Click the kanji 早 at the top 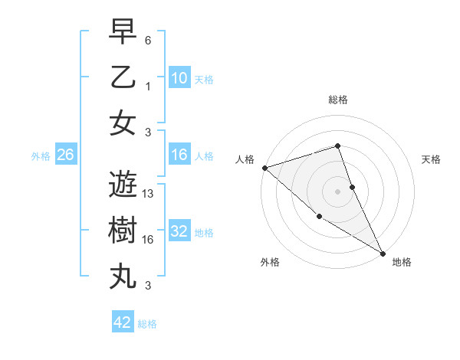click(x=123, y=33)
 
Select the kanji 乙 click(x=123, y=78)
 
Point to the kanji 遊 click(x=123, y=185)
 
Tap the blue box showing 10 click(x=179, y=78)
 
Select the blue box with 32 click(x=179, y=231)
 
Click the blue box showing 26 click(x=65, y=155)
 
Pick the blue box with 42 click(x=123, y=322)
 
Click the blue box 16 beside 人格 click(x=179, y=155)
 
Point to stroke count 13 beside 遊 click(x=149, y=195)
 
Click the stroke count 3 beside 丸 click(x=148, y=286)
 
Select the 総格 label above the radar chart click(x=338, y=100)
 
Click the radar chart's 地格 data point click(x=382, y=253)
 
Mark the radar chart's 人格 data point click(x=264, y=167)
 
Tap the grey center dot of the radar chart click(x=338, y=191)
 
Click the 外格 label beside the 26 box click(x=41, y=155)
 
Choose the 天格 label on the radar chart click(x=431, y=159)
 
